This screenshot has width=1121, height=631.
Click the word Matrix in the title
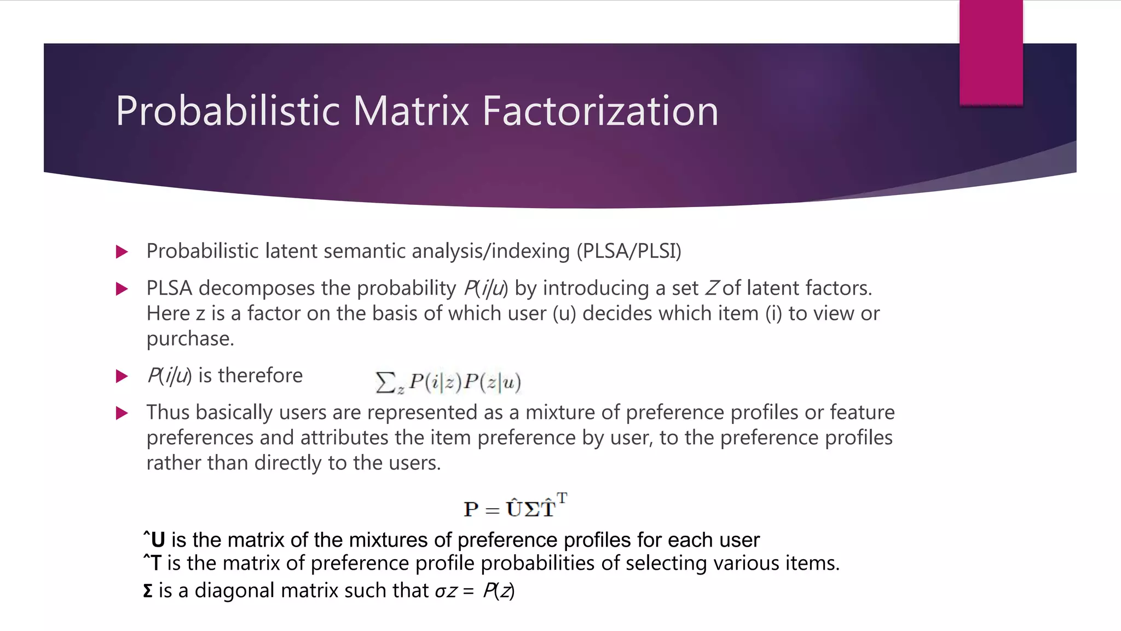point(411,111)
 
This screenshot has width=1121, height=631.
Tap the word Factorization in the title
point(600,111)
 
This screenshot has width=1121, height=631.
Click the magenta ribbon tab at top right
point(991,52)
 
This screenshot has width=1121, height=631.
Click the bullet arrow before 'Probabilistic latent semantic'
point(122,252)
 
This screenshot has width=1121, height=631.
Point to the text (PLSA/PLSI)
point(629,251)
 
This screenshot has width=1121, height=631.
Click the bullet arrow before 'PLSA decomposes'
point(122,289)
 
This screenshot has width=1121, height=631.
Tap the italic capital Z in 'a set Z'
point(712,288)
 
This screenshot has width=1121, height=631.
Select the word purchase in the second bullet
point(189,339)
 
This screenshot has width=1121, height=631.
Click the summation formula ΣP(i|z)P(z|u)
point(448,382)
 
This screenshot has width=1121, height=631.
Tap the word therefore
point(260,376)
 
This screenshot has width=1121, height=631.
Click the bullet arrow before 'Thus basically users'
point(122,413)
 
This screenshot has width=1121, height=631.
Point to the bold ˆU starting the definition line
point(154,540)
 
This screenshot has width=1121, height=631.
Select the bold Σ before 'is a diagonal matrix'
point(148,591)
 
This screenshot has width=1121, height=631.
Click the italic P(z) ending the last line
point(498,591)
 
